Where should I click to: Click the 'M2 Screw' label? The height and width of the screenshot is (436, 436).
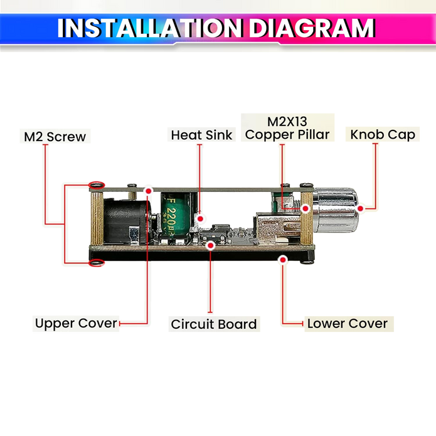pyautogui.click(x=55, y=137)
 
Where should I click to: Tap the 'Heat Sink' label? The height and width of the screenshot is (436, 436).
pyautogui.click(x=201, y=135)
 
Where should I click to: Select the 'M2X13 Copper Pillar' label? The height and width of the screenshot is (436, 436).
pyautogui.click(x=287, y=128)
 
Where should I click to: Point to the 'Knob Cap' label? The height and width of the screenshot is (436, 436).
pyautogui.click(x=383, y=134)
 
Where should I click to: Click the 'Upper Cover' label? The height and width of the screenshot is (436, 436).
pyautogui.click(x=76, y=323)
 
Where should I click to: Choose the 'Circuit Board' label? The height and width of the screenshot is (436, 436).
pyautogui.click(x=214, y=324)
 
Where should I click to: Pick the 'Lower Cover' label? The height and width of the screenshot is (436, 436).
pyautogui.click(x=348, y=324)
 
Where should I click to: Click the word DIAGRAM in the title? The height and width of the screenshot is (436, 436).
pyautogui.click(x=312, y=28)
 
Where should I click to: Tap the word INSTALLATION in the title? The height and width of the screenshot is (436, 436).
pyautogui.click(x=149, y=28)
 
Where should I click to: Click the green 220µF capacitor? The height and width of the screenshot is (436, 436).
pyautogui.click(x=176, y=216)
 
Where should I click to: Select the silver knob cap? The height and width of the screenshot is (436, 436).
pyautogui.click(x=336, y=210)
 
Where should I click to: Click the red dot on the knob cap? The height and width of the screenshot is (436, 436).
pyautogui.click(x=360, y=208)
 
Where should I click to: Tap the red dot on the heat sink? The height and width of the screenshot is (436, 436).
pyautogui.click(x=200, y=219)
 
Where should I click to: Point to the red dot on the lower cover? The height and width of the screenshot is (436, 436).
pyautogui.click(x=283, y=260)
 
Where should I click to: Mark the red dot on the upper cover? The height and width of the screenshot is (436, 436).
pyautogui.click(x=149, y=191)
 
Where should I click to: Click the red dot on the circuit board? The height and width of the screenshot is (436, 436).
pyautogui.click(x=211, y=245)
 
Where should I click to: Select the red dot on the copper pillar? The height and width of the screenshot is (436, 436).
pyautogui.click(x=306, y=208)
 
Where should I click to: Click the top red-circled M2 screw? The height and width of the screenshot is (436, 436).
pyautogui.click(x=97, y=184)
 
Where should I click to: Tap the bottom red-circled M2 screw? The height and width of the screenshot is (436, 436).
pyautogui.click(x=97, y=263)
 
